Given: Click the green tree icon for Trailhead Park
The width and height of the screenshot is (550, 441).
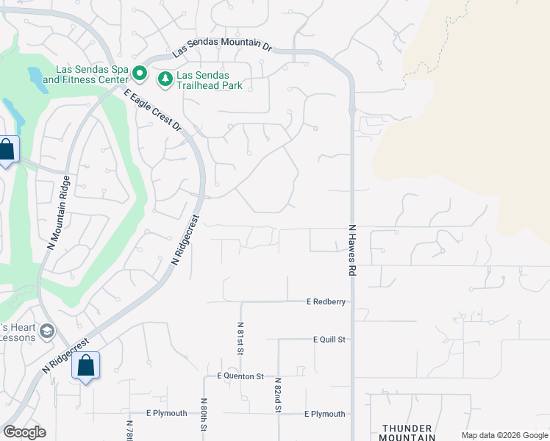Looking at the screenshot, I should [165, 78].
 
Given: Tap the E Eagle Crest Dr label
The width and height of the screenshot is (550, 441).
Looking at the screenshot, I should [153, 110].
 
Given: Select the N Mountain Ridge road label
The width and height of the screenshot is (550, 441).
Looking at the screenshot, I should [59, 213].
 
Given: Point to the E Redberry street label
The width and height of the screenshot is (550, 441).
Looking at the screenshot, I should [326, 301].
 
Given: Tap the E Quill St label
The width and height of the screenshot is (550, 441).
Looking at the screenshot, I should [329, 340].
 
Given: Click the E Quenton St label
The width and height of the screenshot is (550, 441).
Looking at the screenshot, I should [240, 376].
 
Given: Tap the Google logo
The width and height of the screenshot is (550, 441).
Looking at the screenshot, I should [24, 432].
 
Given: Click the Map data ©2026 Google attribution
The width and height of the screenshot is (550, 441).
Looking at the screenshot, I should [504, 435].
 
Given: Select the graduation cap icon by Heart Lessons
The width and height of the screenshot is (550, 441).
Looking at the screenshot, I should [47, 331].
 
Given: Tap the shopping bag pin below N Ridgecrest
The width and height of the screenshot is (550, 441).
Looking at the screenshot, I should [85, 365].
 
